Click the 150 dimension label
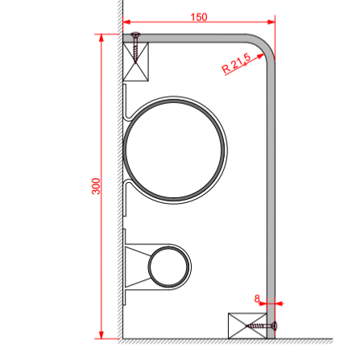point(199,17)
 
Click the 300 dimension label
point(96,186)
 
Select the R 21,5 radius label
point(236,64)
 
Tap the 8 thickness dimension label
point(257,299)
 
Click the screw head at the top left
point(135,35)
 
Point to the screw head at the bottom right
point(275,326)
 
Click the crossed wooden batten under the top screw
point(135,61)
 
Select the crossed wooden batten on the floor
point(247,325)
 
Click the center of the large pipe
point(174,150)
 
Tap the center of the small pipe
point(168,267)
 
